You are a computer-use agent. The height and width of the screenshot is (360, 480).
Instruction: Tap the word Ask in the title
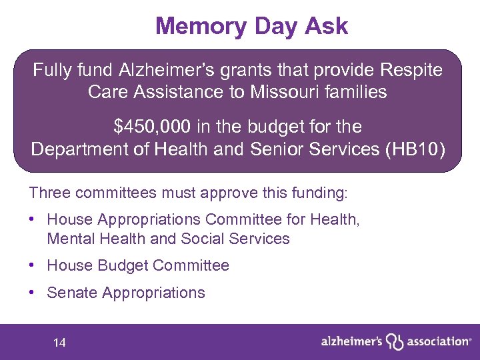point(326,26)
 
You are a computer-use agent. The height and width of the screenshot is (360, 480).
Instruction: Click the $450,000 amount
point(151,127)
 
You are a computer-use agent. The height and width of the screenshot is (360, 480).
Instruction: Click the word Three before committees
point(49,193)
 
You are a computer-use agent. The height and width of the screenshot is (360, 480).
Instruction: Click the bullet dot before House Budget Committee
point(33,265)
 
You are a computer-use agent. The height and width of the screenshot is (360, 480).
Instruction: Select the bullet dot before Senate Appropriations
point(33,293)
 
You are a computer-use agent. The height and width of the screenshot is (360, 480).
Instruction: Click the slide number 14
point(59,343)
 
